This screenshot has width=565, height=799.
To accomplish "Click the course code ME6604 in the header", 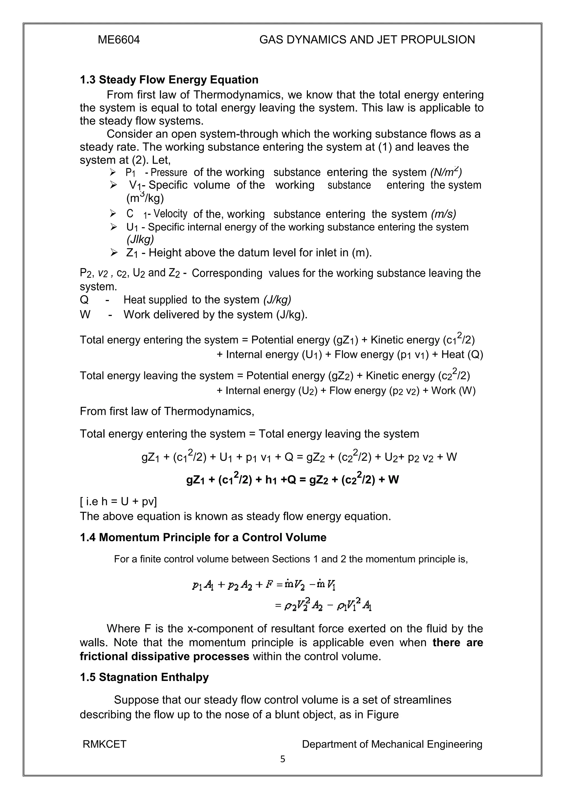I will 119,40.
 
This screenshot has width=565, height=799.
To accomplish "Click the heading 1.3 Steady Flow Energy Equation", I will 169,80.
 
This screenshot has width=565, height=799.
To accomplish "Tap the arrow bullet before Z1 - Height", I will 113,252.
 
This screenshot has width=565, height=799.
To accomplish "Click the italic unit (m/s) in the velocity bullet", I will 443,214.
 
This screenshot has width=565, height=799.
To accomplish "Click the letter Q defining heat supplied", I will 84,300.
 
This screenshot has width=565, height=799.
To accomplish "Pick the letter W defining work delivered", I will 85,315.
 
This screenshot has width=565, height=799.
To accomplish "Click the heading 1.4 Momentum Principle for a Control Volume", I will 203,537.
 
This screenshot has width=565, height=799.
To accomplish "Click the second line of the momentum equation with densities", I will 324,606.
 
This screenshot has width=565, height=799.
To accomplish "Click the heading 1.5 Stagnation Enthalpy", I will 144,677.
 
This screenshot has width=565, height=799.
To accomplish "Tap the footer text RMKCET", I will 105,744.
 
